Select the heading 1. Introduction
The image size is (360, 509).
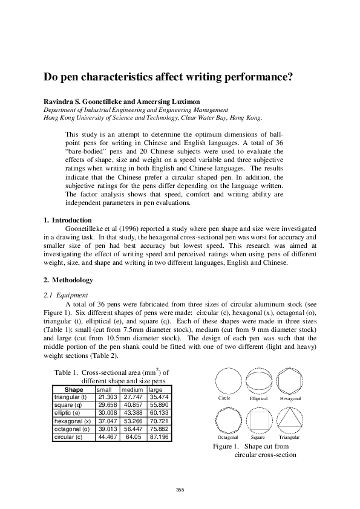pyautogui.click(x=68, y=220)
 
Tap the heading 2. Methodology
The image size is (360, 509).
pyautogui.click(x=68, y=280)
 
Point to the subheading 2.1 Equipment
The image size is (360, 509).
pyautogui.click(x=67, y=295)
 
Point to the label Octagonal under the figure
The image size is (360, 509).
pyautogui.click(x=228, y=436)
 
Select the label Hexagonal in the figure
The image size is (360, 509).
pyautogui.click(x=290, y=399)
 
